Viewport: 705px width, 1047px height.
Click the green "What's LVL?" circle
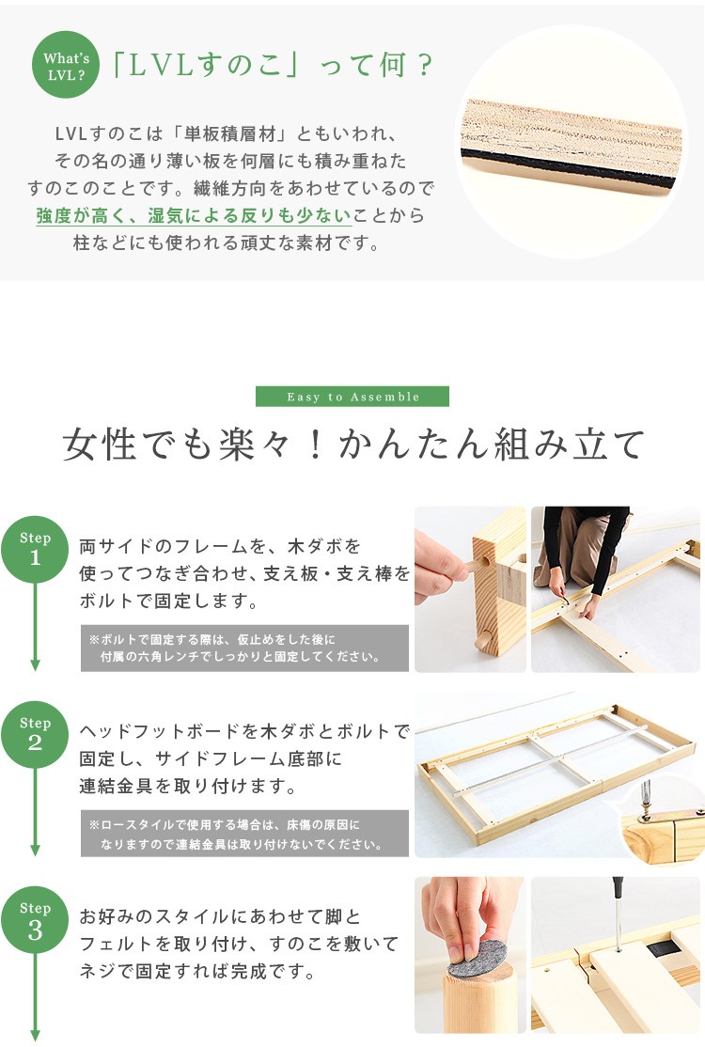[x=66, y=65]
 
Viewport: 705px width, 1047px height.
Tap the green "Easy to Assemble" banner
[x=352, y=397]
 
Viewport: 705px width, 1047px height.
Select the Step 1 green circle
[x=35, y=550]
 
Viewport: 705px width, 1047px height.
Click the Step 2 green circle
[x=35, y=735]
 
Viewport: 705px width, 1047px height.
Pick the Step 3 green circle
[x=35, y=920]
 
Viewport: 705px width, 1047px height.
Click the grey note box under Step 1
[x=244, y=649]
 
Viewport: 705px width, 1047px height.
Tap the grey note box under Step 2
[x=244, y=834]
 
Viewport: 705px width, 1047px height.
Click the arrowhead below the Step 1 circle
[x=35, y=665]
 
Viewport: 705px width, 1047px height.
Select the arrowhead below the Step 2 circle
[x=35, y=850]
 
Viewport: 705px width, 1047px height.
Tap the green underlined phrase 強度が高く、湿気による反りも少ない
[x=194, y=215]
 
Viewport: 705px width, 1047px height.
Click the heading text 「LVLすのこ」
[x=208, y=66]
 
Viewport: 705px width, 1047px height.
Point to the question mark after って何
[x=423, y=66]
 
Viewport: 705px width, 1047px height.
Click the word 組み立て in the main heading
[x=570, y=444]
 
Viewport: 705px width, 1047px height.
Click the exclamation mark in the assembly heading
[x=316, y=445]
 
